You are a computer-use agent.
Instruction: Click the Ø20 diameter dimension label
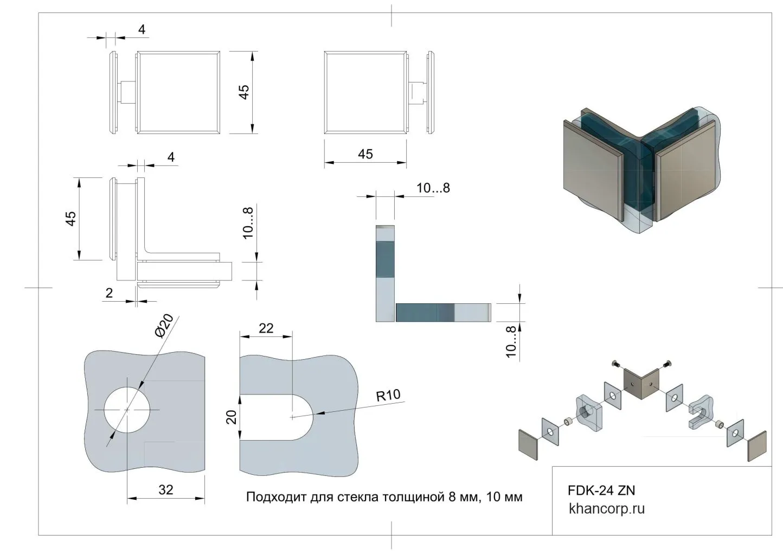164,326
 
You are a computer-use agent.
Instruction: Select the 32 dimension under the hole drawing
166,489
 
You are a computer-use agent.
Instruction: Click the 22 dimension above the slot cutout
266,328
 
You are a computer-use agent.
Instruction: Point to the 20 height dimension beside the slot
232,417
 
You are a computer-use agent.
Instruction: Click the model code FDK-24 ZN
601,491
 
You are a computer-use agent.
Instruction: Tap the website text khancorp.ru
607,509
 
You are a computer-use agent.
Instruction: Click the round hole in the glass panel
127,410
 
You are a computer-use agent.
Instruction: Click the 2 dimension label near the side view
109,293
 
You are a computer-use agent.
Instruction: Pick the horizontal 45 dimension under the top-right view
365,154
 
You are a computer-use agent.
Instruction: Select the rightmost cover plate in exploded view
758,446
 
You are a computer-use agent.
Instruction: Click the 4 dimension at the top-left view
142,29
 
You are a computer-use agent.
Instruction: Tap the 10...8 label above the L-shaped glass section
433,188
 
